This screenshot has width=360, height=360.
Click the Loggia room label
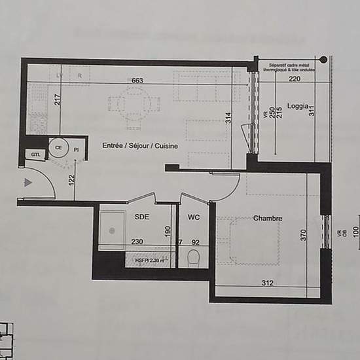[298, 106]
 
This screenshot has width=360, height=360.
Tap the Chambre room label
[268, 219]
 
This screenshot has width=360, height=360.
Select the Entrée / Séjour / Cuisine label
[139, 147]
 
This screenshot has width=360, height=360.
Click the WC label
[194, 217]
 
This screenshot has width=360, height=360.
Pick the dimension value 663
[137, 80]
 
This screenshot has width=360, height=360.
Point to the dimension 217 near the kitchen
[58, 100]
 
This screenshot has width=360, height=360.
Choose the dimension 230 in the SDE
[137, 242]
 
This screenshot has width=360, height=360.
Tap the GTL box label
[34, 154]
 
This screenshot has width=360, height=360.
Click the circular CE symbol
[58, 148]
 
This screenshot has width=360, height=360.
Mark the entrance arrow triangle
[27, 183]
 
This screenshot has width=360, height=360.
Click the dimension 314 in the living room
[228, 118]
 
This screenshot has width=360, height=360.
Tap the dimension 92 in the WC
[194, 242]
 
